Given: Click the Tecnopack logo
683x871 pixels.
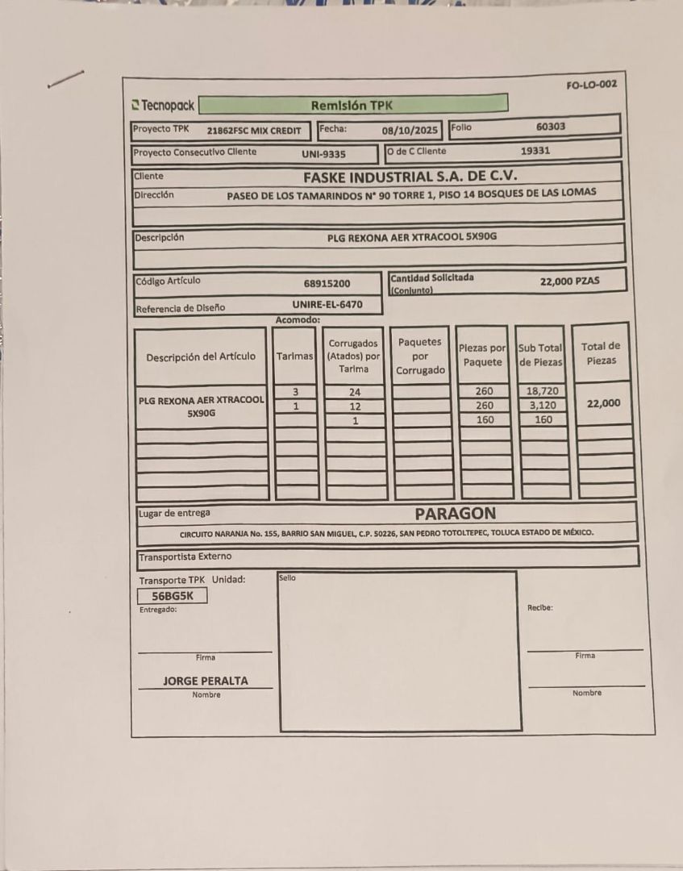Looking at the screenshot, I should coord(163,106).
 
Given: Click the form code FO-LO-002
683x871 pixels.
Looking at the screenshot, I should coord(592,84).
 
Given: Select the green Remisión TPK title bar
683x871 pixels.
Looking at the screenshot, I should coord(352,105).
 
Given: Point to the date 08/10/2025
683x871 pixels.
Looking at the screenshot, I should coord(410,129).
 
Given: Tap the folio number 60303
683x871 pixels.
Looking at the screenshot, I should coord(551,127).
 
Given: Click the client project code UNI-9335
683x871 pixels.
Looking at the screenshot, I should coord(323,153).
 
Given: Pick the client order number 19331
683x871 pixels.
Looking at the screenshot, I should coord(535,150).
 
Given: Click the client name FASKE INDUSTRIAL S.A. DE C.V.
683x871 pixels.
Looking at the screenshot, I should coord(410,176).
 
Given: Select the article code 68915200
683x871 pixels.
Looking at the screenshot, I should coord(327,283).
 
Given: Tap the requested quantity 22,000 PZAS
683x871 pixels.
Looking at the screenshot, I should coord(570,281).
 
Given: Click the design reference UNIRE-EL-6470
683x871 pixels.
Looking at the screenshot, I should coord(327,305).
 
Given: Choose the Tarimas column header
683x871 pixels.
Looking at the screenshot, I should coord(295,356).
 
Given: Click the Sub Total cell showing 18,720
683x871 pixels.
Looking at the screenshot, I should coord(543,391).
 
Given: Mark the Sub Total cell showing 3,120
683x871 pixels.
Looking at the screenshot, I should coord(543,406).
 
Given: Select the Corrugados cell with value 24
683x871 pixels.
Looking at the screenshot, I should coord(355,392).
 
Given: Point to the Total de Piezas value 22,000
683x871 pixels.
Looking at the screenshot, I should coord(603,403).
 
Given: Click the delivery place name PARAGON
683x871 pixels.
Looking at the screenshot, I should coord(456,513).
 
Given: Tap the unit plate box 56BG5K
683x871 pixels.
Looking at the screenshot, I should coord(173,596).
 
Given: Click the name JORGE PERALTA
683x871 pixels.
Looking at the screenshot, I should coord(206,681).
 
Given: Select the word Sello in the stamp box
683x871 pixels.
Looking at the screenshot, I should coord(287,577).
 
